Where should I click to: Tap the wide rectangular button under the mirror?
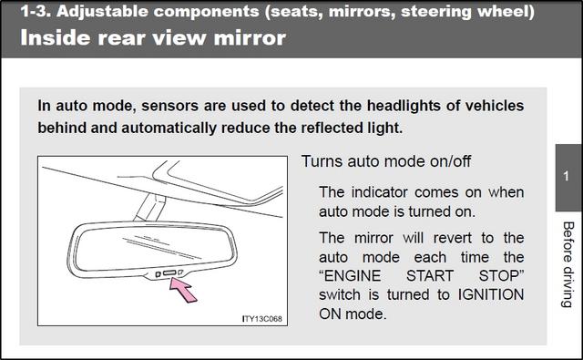[169, 273]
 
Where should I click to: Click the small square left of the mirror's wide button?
[158, 274]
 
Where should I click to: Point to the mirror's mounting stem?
[150, 207]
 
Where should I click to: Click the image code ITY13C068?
[262, 319]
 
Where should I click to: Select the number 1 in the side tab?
[566, 176]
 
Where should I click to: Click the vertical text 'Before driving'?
[568, 265]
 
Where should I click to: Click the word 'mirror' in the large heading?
[250, 38]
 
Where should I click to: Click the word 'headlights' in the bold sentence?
[404, 106]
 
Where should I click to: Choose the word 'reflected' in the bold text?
[332, 128]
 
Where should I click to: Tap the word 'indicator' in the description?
[380, 192]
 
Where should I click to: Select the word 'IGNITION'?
[491, 294]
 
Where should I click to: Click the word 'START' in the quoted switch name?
[430, 276]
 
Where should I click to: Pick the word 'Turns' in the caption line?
[322, 161]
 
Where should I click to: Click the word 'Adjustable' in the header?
[102, 12]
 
